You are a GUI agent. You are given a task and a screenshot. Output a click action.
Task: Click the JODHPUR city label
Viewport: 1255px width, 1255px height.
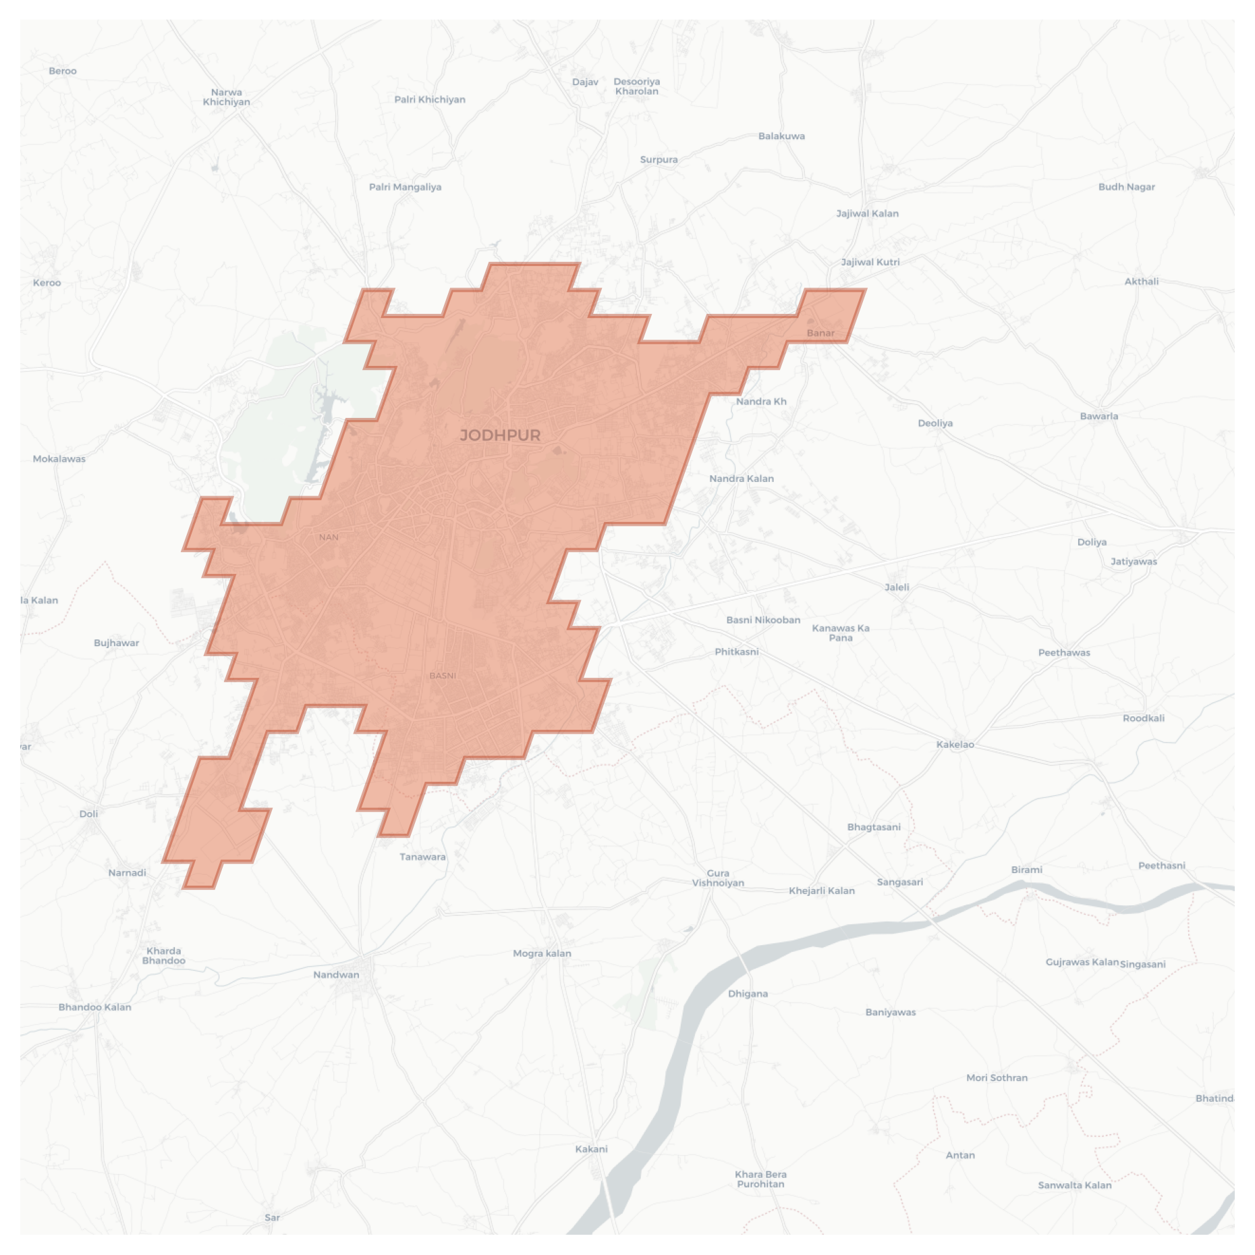click(x=500, y=435)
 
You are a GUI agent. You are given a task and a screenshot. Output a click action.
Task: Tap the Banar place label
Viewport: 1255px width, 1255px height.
click(x=820, y=333)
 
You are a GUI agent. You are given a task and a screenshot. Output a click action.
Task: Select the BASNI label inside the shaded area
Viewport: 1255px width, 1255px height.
click(x=443, y=675)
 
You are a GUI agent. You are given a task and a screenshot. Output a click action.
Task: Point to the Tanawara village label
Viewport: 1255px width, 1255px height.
click(x=422, y=857)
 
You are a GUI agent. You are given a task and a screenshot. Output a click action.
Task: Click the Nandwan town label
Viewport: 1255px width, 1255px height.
click(x=336, y=974)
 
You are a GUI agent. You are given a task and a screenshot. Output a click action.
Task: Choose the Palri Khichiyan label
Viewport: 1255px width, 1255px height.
click(x=430, y=99)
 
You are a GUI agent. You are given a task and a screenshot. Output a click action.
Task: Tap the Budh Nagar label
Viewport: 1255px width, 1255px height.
click(x=1126, y=187)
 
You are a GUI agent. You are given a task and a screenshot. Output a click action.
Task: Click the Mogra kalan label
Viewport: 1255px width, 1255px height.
click(x=542, y=953)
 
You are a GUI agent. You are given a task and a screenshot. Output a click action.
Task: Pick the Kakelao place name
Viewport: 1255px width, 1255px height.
click(x=955, y=745)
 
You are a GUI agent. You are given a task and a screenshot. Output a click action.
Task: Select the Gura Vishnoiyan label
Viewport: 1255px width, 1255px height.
click(x=718, y=878)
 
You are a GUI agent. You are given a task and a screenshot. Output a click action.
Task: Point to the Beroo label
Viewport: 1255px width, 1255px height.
click(x=63, y=71)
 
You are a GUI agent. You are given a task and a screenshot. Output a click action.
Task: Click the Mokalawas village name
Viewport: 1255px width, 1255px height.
click(x=59, y=459)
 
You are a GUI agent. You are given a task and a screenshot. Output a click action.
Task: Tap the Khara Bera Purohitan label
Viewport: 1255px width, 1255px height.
click(x=760, y=1179)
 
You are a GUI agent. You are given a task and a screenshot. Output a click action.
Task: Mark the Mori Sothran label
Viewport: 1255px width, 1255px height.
click(x=997, y=1077)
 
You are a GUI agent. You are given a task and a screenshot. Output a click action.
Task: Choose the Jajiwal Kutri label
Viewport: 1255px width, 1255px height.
click(x=870, y=262)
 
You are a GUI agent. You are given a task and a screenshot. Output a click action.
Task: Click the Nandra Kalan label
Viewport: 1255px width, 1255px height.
click(x=742, y=479)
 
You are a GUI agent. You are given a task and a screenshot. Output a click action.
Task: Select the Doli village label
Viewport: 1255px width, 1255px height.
click(x=88, y=813)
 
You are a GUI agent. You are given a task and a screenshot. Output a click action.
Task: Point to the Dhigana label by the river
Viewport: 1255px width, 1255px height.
click(x=748, y=993)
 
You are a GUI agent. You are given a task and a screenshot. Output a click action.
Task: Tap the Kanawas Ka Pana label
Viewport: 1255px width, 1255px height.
click(x=841, y=633)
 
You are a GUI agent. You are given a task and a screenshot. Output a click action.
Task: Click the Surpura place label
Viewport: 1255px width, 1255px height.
click(x=659, y=160)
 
